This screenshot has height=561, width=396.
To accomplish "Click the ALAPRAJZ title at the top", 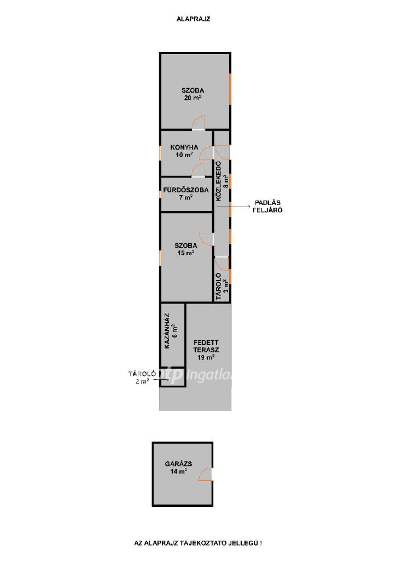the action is tap(193, 19).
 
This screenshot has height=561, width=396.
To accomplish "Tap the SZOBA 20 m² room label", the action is tap(193, 94).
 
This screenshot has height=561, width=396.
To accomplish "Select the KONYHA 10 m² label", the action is tap(184, 151).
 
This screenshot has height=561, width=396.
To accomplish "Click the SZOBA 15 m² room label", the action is tap(186, 249).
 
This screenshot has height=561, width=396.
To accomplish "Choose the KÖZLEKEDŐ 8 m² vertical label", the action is tap(222, 181).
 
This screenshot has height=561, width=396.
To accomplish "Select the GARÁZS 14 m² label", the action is tap(179, 468).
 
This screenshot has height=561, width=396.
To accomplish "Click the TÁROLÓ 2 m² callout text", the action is tap(142, 378).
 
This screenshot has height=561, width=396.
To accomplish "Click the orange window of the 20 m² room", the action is tap(230, 88).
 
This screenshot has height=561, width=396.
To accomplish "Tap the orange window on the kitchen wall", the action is tap(160, 153).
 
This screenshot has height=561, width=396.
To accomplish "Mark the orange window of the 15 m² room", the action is tap(160, 258).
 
